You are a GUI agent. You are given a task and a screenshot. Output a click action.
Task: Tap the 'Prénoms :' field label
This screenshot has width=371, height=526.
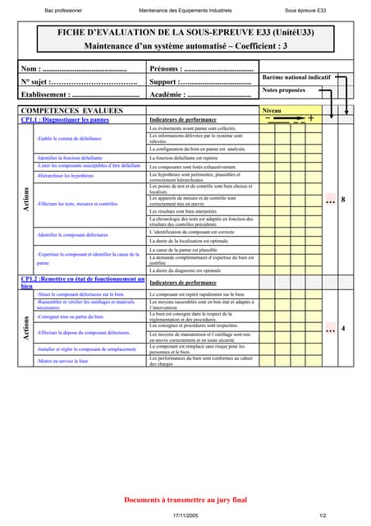169,69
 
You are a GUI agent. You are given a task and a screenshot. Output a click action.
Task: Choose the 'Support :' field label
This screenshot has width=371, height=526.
168,82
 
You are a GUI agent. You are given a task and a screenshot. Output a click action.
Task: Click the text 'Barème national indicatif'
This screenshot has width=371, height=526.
296,76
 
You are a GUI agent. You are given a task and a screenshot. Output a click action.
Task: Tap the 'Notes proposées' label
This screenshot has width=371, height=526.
283,90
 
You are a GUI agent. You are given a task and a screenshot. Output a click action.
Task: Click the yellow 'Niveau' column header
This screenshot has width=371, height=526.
272,109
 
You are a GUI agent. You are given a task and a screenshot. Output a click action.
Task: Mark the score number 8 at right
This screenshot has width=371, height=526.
343,201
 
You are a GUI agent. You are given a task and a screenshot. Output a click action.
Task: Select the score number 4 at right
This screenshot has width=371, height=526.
343,329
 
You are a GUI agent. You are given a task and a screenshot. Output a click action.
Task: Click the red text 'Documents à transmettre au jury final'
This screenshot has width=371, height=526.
185,499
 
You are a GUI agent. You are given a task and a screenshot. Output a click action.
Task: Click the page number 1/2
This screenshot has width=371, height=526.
323,514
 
